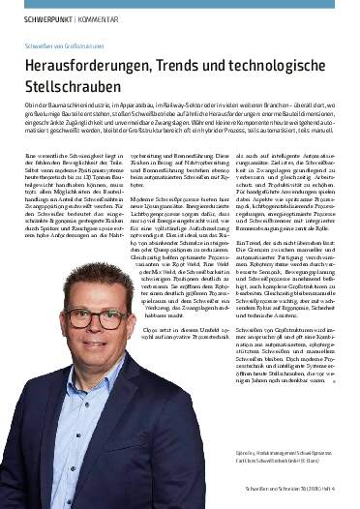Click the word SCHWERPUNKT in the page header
[x=38, y=17]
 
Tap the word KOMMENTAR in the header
[x=100, y=17]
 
